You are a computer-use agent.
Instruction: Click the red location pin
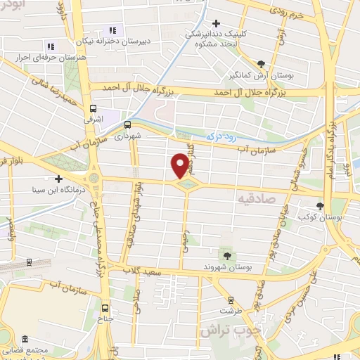tap(180, 166)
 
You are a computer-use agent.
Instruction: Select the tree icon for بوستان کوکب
tap(321, 206)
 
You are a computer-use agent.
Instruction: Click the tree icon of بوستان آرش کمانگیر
tap(262, 63)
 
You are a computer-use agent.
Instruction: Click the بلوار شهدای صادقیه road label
tap(131, 218)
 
